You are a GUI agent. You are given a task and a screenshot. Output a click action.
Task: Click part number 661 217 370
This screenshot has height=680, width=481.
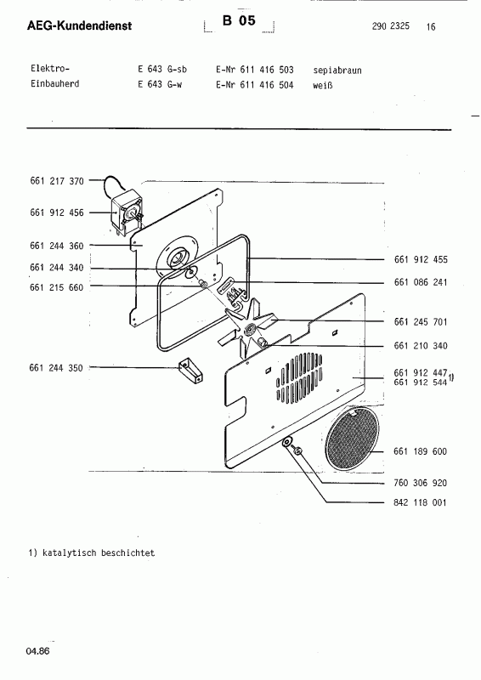(56, 180)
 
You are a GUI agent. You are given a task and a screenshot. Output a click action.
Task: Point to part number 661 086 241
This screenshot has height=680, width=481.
(421, 282)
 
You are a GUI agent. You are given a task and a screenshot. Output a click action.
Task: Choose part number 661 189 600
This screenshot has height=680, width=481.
(421, 451)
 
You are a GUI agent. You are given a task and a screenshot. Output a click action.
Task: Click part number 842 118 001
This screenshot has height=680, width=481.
(421, 502)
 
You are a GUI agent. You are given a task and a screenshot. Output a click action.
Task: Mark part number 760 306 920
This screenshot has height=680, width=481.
(421, 482)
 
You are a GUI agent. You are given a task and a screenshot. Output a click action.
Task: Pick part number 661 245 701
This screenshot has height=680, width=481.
(421, 322)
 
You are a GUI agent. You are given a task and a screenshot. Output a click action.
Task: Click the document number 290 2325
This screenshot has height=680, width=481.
(390, 26)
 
